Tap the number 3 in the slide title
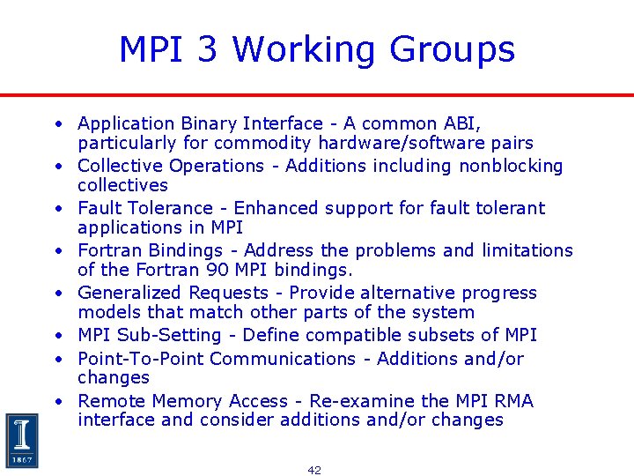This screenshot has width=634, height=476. click(x=209, y=49)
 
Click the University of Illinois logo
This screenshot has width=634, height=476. click(x=21, y=440)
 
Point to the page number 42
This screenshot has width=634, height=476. click(x=314, y=470)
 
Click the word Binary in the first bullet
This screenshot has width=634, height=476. click(x=209, y=123)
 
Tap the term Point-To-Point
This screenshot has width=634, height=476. click(x=140, y=358)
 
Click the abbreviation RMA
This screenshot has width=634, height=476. click(x=514, y=401)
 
